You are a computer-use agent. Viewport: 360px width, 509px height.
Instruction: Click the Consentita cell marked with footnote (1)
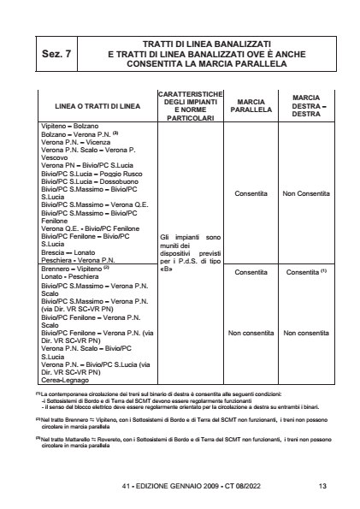point(306,272)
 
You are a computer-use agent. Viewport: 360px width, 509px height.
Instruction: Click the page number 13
point(322,487)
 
